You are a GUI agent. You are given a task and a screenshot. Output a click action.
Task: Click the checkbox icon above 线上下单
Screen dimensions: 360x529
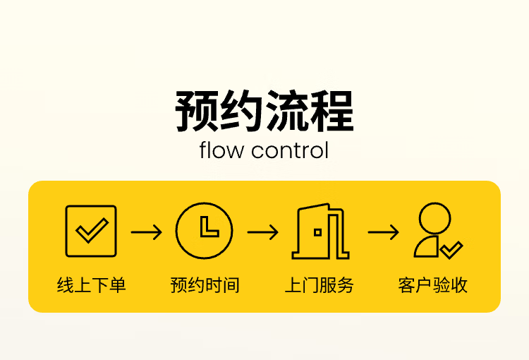coord(91,231)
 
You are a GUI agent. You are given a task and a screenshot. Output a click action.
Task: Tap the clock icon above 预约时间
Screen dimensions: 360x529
coord(204,230)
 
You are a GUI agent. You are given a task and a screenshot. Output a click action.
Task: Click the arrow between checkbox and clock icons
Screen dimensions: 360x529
coord(147,232)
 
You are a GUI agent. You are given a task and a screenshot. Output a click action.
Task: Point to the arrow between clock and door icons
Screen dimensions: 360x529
coord(262,232)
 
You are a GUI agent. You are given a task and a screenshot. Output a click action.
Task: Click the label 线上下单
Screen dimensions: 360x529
coord(91,285)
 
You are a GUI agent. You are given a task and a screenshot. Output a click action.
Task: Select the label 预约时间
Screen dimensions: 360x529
coord(205,285)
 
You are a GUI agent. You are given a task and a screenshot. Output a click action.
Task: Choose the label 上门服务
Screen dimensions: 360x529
coord(319,285)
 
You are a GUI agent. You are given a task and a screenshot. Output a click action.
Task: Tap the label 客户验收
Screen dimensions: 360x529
coord(433,285)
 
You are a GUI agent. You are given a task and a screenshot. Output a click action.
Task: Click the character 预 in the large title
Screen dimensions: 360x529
coord(197,112)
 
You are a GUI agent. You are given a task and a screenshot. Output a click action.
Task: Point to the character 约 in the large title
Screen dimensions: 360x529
coord(241,112)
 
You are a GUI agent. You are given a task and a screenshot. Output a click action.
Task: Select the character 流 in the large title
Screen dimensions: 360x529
coord(286,112)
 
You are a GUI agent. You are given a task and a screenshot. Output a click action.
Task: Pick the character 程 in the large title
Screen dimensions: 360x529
coord(332,112)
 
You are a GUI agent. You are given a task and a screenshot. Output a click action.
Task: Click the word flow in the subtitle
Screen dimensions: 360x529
coord(221,151)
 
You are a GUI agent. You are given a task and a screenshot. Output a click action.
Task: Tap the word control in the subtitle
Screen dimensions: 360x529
coord(290,151)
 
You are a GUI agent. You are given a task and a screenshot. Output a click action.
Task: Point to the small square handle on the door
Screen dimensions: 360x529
coord(318,232)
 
